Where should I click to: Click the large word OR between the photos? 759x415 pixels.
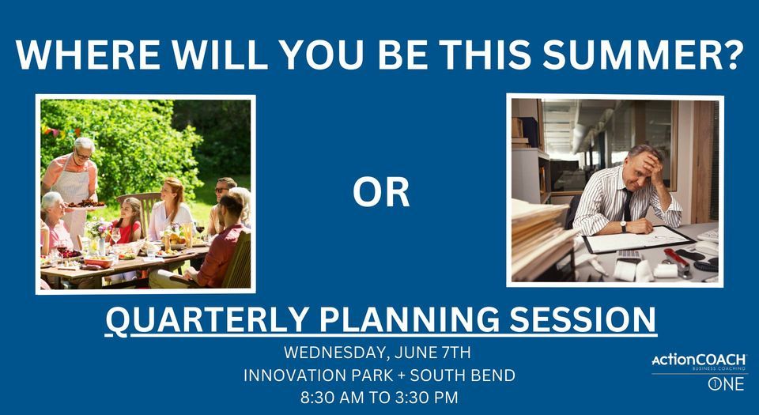[380, 192]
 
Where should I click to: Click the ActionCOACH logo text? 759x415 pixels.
[698, 360]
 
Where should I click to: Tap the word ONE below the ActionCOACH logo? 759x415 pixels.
[725, 385]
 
